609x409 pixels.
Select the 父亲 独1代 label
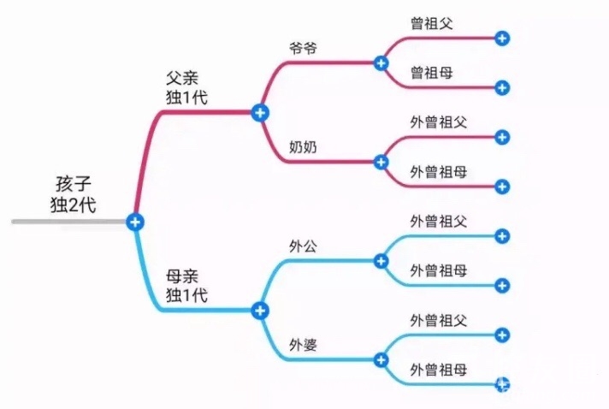tap(186, 86)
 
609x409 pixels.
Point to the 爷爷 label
tap(303, 48)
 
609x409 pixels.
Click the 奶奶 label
tap(303, 146)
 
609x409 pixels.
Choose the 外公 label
tap(303, 246)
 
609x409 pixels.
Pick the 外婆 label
tap(303, 345)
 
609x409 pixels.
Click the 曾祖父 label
tap(431, 23)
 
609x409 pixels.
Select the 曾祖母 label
tap(431, 73)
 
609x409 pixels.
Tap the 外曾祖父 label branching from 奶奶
tap(438, 122)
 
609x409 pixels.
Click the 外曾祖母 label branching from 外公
tap(438, 271)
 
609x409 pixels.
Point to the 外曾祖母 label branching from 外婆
tap(438, 370)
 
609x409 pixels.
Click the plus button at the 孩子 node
tap(134, 222)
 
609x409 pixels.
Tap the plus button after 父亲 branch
tap(260, 112)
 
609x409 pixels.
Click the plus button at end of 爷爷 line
tap(381, 62)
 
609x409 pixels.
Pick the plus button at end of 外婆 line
tap(381, 359)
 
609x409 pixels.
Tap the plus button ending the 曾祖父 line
tap(502, 38)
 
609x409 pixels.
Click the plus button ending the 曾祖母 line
tap(502, 87)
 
